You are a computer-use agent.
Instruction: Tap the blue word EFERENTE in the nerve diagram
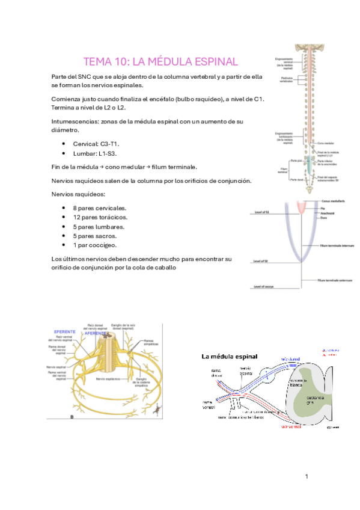65,332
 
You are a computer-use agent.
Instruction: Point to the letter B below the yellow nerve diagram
72,416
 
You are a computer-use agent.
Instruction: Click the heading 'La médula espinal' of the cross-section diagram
229,357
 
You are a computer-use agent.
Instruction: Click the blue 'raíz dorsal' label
290,358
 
